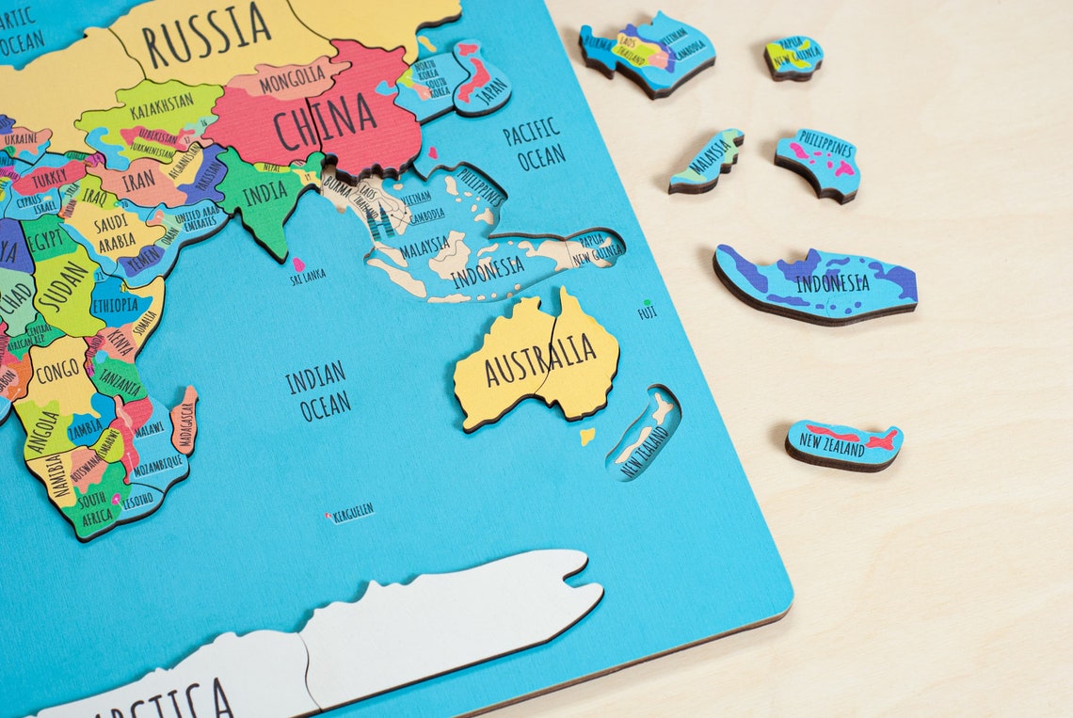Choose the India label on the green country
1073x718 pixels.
tap(264, 196)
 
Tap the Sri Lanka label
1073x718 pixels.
tap(308, 275)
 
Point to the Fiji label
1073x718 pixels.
tap(648, 311)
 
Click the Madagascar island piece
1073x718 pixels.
tap(185, 420)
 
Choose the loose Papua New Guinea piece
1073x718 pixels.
tap(793, 56)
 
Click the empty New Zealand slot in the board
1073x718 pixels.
tap(645, 434)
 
